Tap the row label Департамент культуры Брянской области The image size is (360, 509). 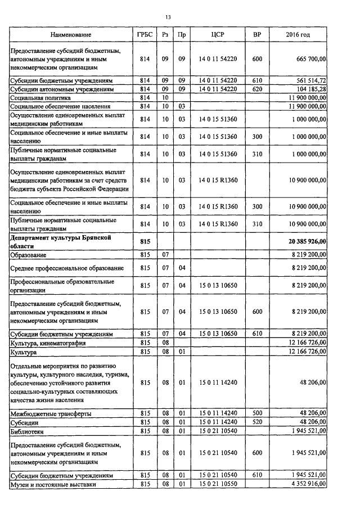pos(62,241)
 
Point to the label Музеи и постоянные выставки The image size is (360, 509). pos(53,484)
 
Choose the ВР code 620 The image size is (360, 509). pos(257,89)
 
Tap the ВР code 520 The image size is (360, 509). pos(257,422)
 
